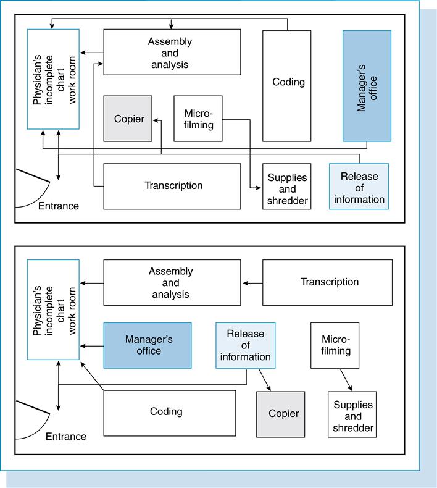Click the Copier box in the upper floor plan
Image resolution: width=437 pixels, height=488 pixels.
point(128,119)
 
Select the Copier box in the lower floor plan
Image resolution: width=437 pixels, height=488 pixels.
point(280,414)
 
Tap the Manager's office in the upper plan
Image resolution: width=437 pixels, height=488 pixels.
point(367,86)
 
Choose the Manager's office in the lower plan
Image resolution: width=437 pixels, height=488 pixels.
point(147,345)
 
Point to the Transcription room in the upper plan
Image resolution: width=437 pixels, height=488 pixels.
point(172,186)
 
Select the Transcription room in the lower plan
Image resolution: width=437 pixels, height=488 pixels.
point(327,282)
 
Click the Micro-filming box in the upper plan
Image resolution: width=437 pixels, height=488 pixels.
point(198,119)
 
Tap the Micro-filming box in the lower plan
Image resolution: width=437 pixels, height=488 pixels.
point(335,345)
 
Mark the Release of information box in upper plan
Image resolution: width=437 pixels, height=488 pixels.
point(359,186)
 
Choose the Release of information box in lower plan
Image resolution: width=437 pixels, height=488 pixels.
point(245,345)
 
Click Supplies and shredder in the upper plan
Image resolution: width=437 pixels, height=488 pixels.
point(286,186)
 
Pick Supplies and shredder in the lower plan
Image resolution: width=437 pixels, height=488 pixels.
point(352,414)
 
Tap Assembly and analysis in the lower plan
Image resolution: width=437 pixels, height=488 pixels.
point(172,282)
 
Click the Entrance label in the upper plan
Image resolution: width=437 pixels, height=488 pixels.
point(59,206)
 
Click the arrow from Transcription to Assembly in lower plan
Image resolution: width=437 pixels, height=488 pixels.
point(252,283)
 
